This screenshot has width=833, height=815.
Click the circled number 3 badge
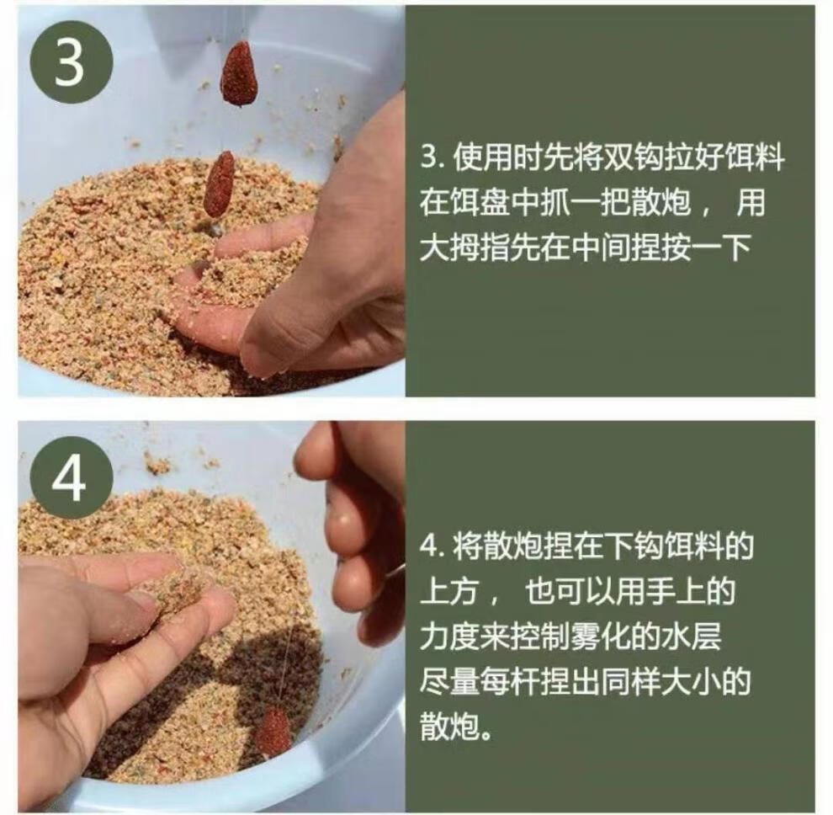click(x=70, y=62)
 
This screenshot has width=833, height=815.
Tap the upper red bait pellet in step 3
click(x=239, y=73)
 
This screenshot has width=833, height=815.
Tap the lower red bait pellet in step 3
click(x=219, y=184)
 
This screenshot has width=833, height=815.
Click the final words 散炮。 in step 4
click(x=457, y=725)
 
